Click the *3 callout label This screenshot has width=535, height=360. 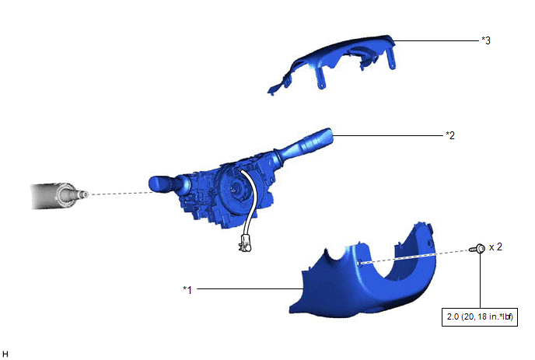click(x=486, y=40)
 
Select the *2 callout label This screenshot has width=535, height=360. click(x=450, y=135)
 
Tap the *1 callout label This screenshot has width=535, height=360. click(x=187, y=290)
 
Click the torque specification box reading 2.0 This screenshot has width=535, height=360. click(x=479, y=316)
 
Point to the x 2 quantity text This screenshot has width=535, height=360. click(x=495, y=246)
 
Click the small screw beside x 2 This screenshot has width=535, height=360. click(x=477, y=248)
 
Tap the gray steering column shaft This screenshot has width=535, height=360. click(x=59, y=195)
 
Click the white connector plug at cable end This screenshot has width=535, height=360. click(x=245, y=243)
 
